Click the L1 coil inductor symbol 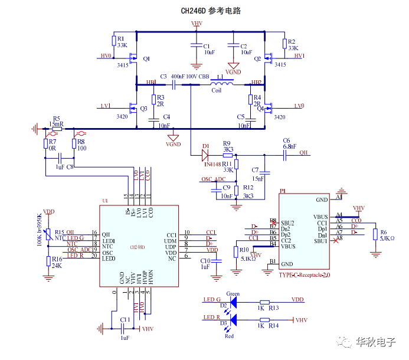pyautogui.click(x=217, y=84)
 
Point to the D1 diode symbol pyautogui.click(x=205, y=155)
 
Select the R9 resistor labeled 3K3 pyautogui.click(x=228, y=155)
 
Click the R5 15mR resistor pyautogui.click(x=57, y=129)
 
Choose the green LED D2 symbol pyautogui.click(x=232, y=302)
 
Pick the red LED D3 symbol pyautogui.click(x=232, y=320)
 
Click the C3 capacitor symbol pyautogui.click(x=175, y=84)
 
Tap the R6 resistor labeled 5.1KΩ pyautogui.click(x=375, y=234)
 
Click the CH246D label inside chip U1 pyautogui.click(x=138, y=246)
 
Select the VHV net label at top pyautogui.click(x=197, y=24)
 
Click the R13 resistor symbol pyautogui.click(x=264, y=301)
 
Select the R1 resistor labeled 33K pyautogui.click(x=114, y=40)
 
